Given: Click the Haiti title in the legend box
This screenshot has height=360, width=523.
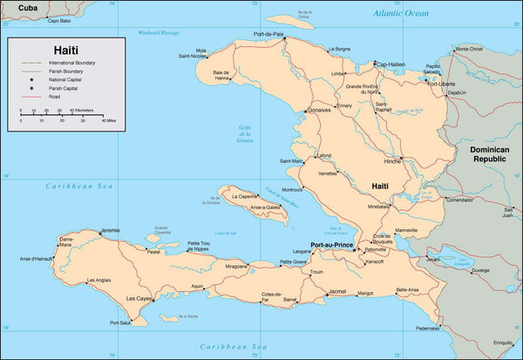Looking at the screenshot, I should click(65, 50).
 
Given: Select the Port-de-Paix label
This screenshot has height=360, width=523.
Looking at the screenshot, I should click(269, 34).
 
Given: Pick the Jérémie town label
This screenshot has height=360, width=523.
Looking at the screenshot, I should click(111, 230).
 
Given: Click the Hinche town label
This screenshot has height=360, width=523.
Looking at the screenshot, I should click(392, 161).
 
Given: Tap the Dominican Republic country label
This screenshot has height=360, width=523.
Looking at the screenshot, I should click(489, 154).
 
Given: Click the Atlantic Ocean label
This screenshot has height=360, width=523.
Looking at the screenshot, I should click(400, 13).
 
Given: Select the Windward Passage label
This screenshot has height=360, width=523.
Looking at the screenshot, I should click(158, 33).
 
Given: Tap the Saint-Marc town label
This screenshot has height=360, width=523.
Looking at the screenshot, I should click(291, 160).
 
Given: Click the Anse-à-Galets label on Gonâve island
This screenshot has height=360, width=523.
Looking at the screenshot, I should click(262, 207).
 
